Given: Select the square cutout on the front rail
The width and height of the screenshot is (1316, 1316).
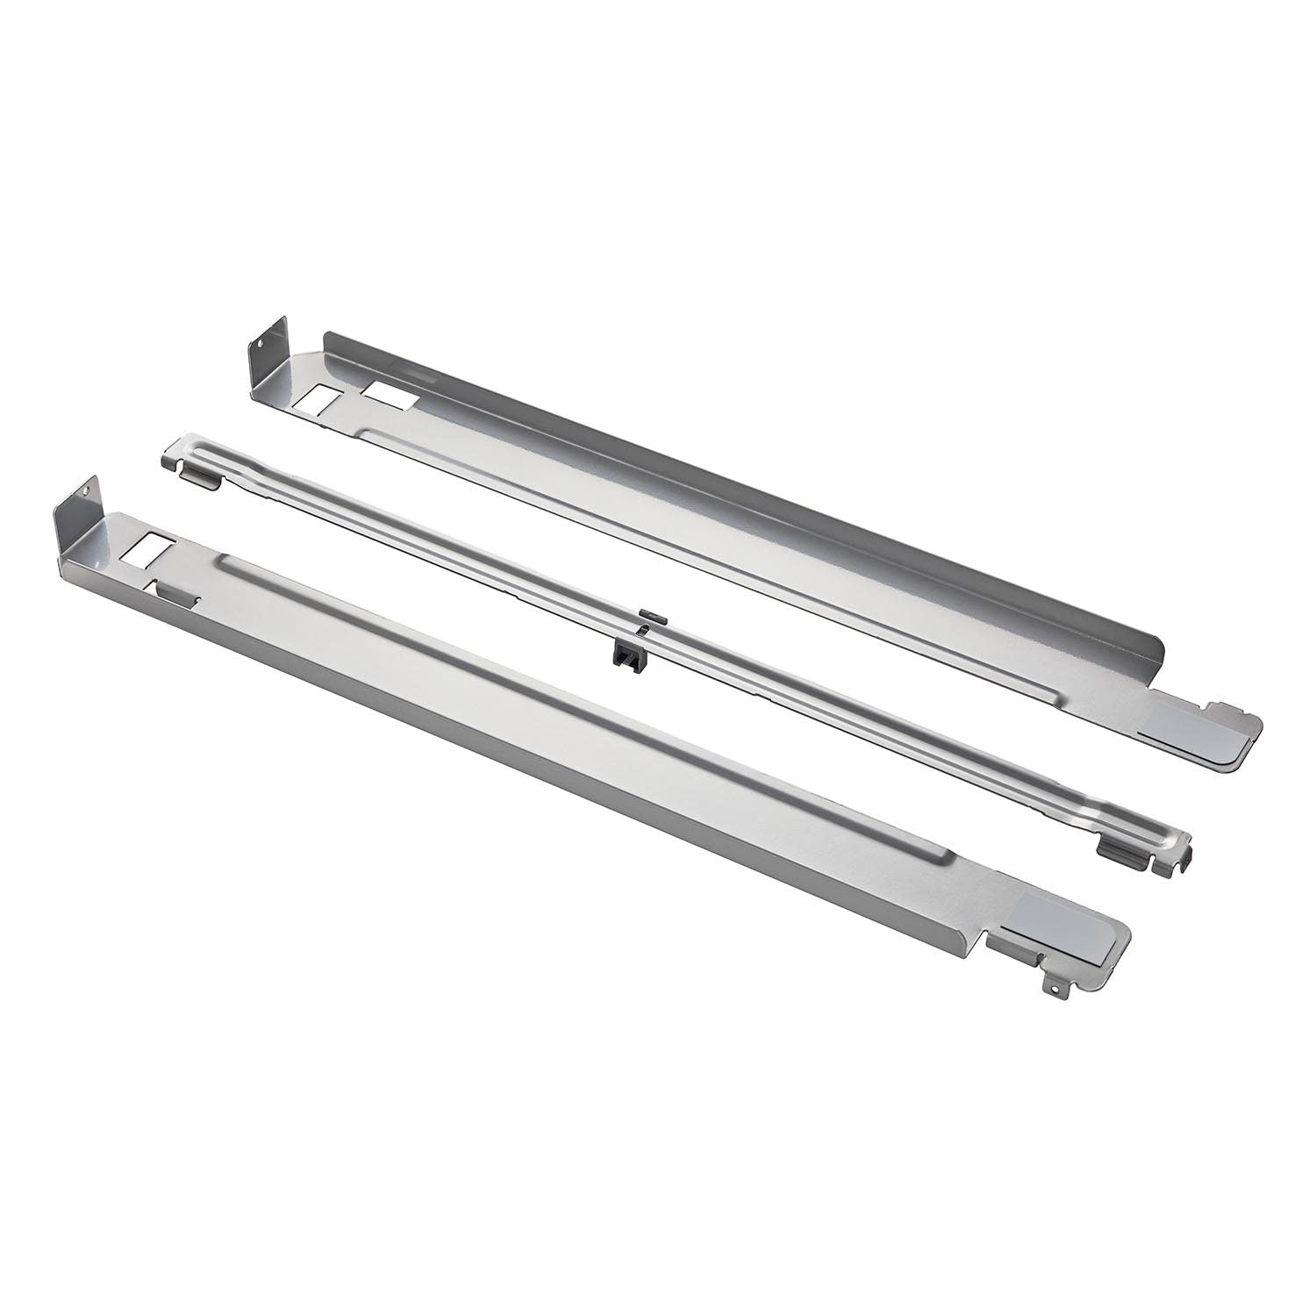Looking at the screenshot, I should click(147, 550).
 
